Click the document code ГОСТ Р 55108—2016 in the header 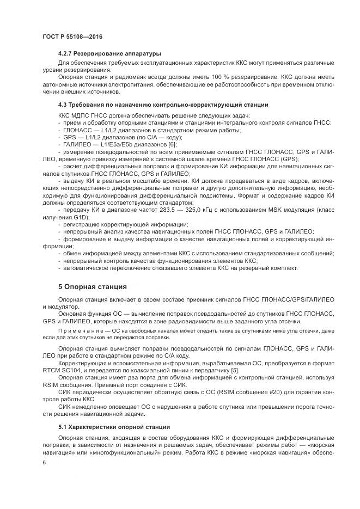(72, 36)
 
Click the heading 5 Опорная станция (92, 287)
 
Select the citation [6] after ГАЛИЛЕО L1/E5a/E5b (173, 145)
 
